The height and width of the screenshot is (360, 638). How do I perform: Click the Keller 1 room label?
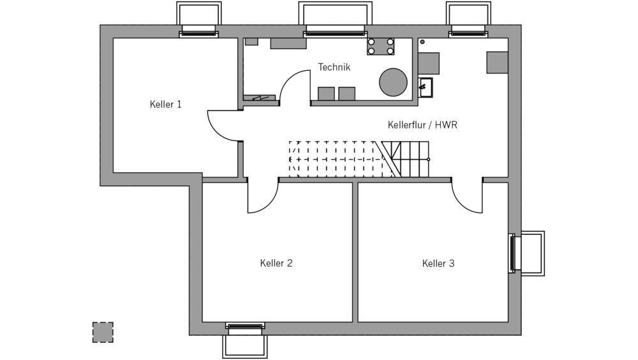tap(165, 105)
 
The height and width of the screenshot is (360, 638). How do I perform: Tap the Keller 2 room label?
tap(276, 263)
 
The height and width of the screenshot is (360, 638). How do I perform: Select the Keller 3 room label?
tap(438, 263)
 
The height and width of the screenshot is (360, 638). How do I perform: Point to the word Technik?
tap(334, 67)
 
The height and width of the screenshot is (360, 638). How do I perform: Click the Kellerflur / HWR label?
tap(422, 125)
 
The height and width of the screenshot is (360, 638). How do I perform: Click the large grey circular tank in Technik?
tap(393, 82)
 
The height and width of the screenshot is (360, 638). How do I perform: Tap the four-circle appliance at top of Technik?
tap(380, 46)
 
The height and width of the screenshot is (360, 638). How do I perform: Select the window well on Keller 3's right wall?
tap(531, 253)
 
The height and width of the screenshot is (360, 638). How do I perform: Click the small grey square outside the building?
tap(103, 332)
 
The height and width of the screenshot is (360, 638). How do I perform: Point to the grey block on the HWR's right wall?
tap(498, 63)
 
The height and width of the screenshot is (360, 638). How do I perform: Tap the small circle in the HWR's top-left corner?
tap(422, 42)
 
